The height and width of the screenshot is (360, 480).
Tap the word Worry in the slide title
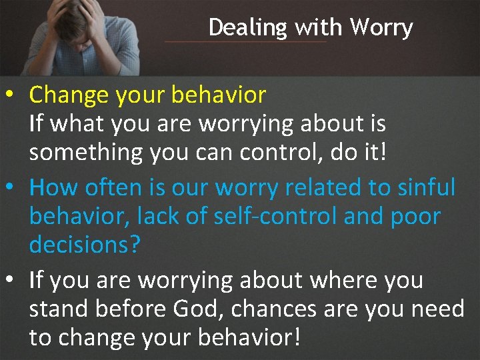point(381,28)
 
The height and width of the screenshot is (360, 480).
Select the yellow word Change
point(69,95)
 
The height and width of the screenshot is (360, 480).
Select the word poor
point(413,217)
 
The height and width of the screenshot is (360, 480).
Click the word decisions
point(85,245)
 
